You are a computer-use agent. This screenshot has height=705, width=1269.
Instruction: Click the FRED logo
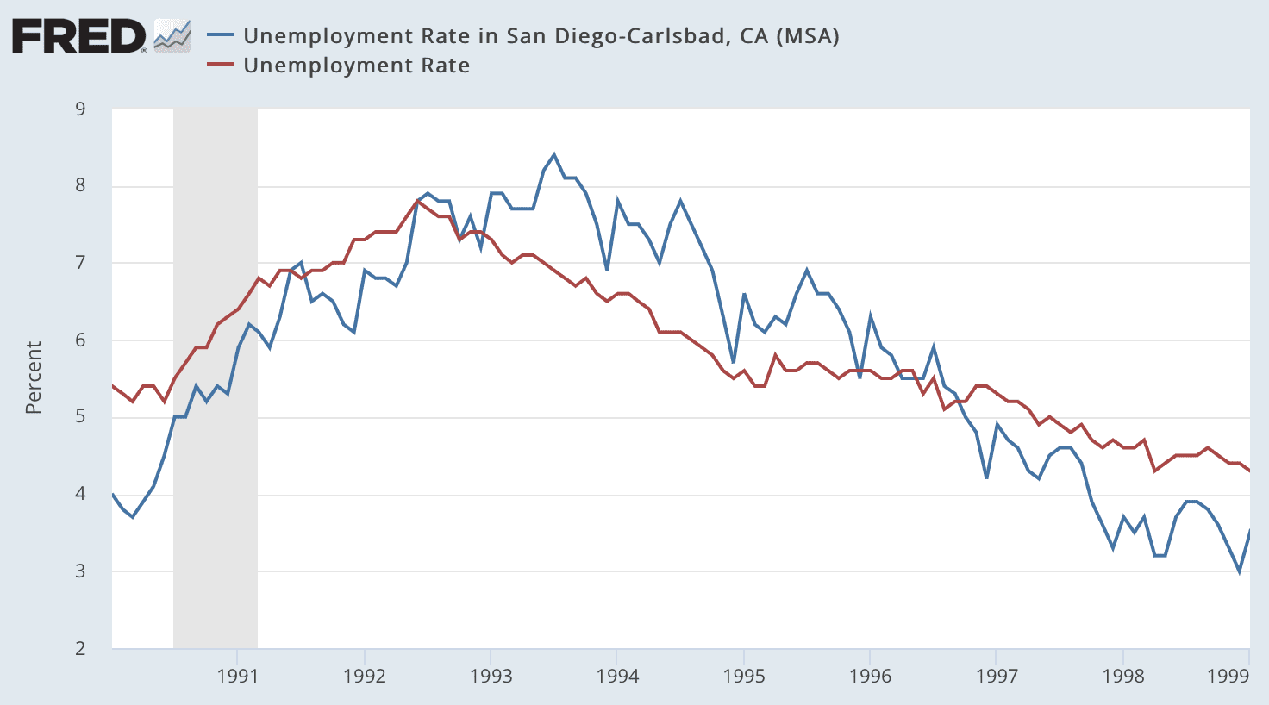click(x=79, y=36)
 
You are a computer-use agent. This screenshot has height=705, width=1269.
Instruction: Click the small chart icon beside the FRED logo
click(x=172, y=36)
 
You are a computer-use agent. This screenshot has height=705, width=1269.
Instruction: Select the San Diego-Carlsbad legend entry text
click(x=541, y=35)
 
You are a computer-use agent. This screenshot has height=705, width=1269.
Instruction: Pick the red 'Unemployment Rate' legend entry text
click(x=356, y=66)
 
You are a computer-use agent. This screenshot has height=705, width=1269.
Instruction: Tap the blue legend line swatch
click(x=222, y=35)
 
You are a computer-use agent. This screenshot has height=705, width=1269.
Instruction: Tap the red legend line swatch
click(x=222, y=66)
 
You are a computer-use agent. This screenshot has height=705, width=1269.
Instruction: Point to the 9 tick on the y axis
click(x=80, y=109)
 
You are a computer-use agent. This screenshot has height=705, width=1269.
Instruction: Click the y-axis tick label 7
click(x=80, y=263)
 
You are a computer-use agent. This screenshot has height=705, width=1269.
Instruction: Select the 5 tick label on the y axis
click(x=80, y=417)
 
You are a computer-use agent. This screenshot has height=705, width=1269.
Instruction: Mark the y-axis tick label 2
click(x=80, y=649)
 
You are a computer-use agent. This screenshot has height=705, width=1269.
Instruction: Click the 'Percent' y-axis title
click(x=34, y=377)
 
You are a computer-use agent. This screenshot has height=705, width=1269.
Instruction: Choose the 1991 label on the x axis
click(x=238, y=676)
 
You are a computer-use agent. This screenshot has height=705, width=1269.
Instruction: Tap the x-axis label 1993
click(x=491, y=676)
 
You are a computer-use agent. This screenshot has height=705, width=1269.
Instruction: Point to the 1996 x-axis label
click(x=870, y=676)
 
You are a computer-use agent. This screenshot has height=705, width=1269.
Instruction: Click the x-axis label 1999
click(x=1228, y=676)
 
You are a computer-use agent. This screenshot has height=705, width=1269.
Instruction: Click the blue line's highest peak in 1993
click(x=553, y=155)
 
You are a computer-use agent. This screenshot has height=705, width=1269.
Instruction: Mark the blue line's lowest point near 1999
click(x=1240, y=571)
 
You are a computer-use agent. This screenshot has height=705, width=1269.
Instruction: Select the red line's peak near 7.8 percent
click(x=417, y=201)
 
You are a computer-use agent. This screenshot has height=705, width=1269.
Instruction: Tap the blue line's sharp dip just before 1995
click(x=733, y=362)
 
